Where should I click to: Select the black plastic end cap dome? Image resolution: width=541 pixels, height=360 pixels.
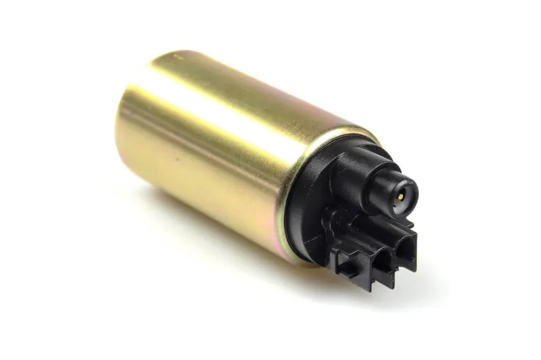(322, 192)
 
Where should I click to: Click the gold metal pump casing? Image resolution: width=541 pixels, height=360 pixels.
(223, 154)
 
